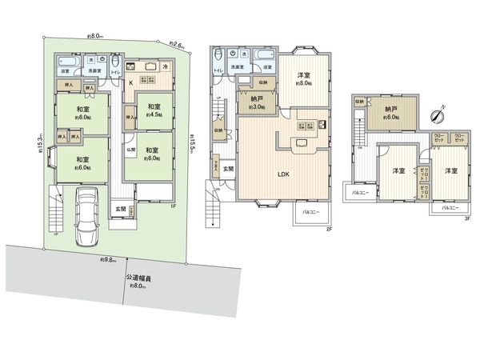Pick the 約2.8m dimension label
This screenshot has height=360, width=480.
[x=177, y=45]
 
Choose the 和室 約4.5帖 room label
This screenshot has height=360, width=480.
[x=153, y=110]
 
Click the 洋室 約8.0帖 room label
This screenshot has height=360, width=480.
[x=303, y=78]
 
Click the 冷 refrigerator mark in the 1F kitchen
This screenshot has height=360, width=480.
[x=165, y=67]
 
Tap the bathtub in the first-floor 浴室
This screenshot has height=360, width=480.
[x=66, y=62]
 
